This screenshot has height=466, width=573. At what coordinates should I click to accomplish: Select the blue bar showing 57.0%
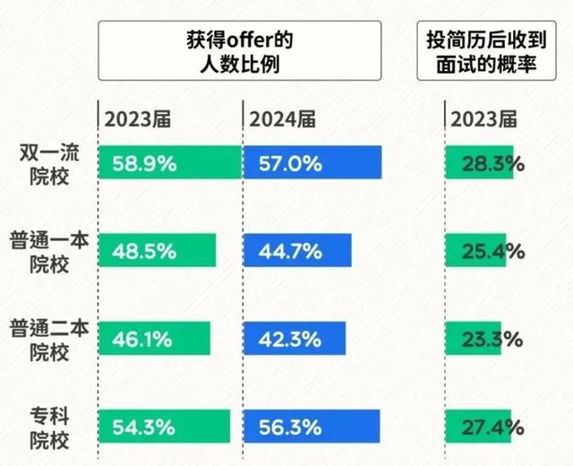point(312,163)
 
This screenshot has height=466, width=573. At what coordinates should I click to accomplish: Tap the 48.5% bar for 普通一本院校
point(157,250)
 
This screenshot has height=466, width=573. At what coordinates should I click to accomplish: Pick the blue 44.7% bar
point(297,250)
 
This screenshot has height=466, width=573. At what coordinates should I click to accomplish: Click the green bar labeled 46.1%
point(154,338)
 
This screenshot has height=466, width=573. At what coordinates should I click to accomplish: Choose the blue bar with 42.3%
point(294,338)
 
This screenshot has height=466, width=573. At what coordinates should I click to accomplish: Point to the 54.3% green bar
point(164,426)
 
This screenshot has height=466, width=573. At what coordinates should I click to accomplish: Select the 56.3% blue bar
point(312,426)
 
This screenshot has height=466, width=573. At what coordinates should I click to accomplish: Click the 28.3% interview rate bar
point(480,163)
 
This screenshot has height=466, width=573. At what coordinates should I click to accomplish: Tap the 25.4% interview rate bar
point(478,250)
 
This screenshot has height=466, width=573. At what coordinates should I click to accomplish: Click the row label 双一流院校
point(49,163)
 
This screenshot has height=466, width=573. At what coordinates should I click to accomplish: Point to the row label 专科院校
point(49,426)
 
